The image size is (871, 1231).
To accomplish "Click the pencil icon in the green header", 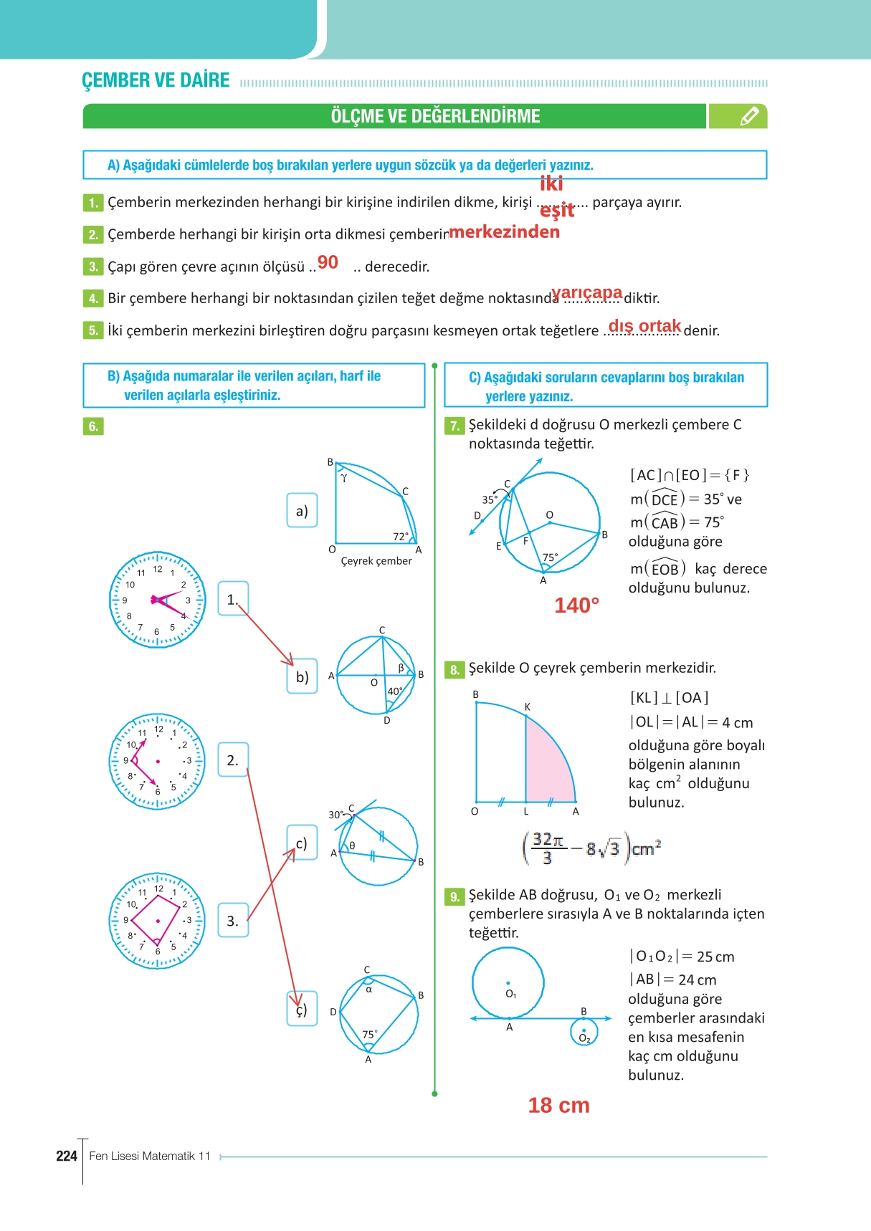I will tap(748, 116).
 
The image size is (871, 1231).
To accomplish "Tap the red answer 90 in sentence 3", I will tap(328, 262).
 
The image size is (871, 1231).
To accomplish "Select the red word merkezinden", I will tap(504, 231).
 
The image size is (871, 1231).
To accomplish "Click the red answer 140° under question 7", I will tap(576, 605).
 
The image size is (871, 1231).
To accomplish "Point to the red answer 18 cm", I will tap(558, 1105).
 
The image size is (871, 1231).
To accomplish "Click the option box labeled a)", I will tap(302, 510).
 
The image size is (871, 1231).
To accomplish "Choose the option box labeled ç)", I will tap(302, 1009).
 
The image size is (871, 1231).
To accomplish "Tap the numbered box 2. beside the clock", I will tap(233, 760).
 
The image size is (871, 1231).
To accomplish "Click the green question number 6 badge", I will tap(93, 426).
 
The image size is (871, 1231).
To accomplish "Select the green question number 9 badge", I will tap(454, 896).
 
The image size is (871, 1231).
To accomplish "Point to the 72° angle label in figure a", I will tap(401, 536).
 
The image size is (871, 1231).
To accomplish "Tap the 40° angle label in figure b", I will tap(395, 691).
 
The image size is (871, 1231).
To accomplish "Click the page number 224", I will tap(66, 1156).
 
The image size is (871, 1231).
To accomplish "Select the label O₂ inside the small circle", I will tap(584, 1038).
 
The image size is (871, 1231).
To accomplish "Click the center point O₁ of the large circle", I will tap(508, 983).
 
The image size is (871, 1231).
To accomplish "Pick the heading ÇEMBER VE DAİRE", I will tap(156, 80).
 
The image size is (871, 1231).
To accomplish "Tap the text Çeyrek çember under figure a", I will tap(376, 561).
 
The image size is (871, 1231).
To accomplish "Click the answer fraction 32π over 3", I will tap(548, 848).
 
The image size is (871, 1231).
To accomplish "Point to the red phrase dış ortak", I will tap(644, 326).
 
